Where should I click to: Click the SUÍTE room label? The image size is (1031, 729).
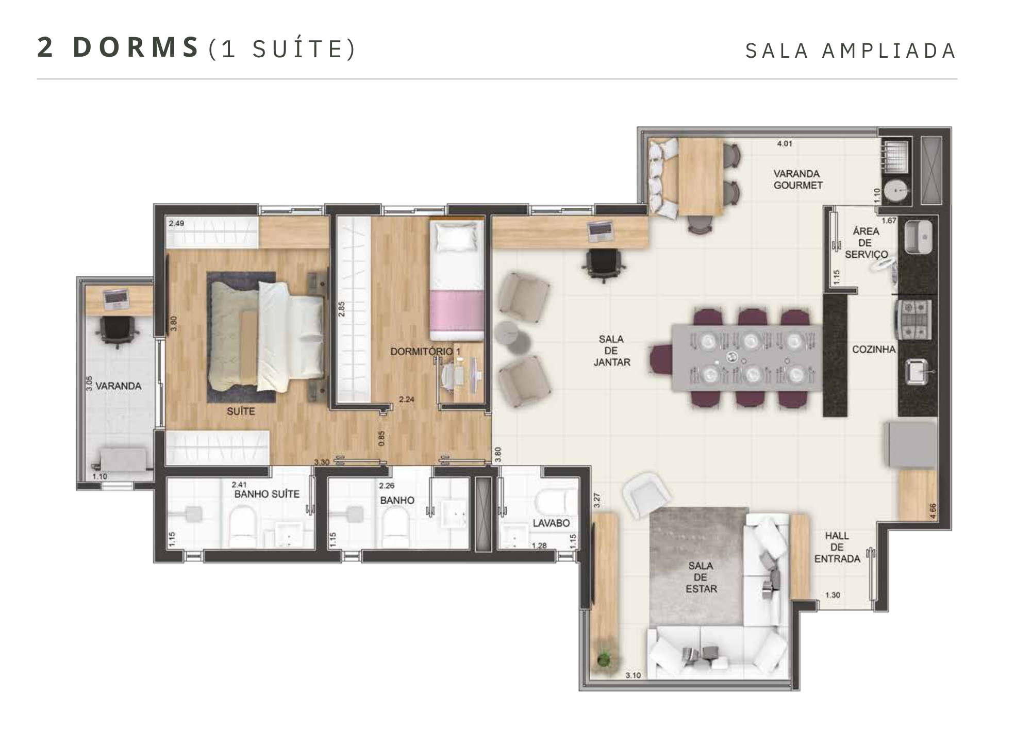pyautogui.click(x=241, y=411)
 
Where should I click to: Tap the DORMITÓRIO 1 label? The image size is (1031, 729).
pyautogui.click(x=425, y=352)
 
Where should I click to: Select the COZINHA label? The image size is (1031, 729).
pyautogui.click(x=874, y=350)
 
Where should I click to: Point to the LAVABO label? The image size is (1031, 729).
pyautogui.click(x=551, y=523)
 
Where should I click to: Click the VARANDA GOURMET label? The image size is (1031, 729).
pyautogui.click(x=797, y=179)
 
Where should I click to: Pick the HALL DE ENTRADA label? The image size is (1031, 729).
pyautogui.click(x=837, y=547)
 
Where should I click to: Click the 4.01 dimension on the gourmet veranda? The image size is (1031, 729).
pyautogui.click(x=785, y=144)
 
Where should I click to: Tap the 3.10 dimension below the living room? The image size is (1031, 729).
pyautogui.click(x=633, y=675)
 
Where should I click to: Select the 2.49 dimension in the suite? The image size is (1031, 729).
pyautogui.click(x=176, y=223)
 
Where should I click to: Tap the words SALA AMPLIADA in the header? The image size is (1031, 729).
pyautogui.click(x=851, y=51)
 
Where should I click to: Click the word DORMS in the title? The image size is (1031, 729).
pyautogui.click(x=136, y=47)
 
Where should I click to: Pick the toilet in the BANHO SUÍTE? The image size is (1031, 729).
pyautogui.click(x=242, y=526)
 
